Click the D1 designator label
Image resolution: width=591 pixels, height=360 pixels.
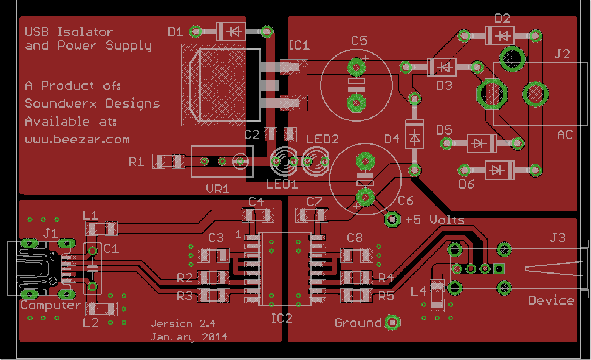pyautogui.click(x=175, y=32)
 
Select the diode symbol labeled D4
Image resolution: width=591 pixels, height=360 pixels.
pyautogui.click(x=414, y=135)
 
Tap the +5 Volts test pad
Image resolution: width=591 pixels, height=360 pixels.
pyautogui.click(x=392, y=220)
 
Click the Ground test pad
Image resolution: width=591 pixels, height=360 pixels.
pyautogui.click(x=392, y=323)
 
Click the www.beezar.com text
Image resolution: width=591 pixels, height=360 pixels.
pyautogui.click(x=78, y=140)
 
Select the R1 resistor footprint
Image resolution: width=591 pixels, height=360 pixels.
pyautogui.click(x=169, y=162)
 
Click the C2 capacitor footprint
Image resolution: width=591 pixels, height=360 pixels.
pyautogui.click(x=280, y=135)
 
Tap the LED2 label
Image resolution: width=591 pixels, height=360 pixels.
pyautogui.click(x=322, y=139)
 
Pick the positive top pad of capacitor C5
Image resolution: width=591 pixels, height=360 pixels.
pyautogui.click(x=356, y=67)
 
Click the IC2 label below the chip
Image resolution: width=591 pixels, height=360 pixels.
pyautogui.click(x=281, y=318)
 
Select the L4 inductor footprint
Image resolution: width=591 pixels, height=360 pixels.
pyautogui.click(x=437, y=295)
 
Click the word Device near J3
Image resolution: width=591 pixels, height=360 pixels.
pyautogui.click(x=551, y=300)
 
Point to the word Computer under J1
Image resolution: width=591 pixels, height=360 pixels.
pyautogui.click(x=51, y=305)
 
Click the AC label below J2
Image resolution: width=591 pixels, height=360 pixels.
pyautogui.click(x=565, y=135)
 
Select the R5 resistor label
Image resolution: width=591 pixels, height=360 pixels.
pyautogui.click(x=386, y=296)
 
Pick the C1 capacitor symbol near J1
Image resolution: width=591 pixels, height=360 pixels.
pyautogui.click(x=92, y=269)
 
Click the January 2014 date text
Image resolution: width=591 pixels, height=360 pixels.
pyautogui.click(x=189, y=337)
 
